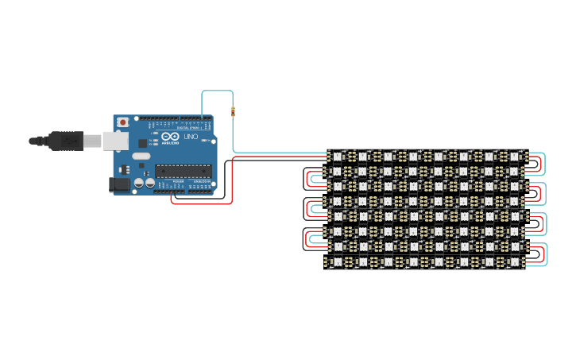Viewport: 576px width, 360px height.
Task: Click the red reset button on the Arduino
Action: coord(122,122)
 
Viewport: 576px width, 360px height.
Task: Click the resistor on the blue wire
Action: coord(233,111)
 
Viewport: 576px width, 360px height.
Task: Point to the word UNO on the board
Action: coord(191,137)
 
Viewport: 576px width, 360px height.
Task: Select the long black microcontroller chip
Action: coord(184,170)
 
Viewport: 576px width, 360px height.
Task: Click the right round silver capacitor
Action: coord(149,182)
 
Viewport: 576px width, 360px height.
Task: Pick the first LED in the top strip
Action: coord(337,157)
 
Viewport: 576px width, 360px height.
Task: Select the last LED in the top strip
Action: coord(513,157)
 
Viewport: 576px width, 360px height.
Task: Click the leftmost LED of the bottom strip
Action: coord(337,261)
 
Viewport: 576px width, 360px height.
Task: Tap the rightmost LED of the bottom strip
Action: coord(513,261)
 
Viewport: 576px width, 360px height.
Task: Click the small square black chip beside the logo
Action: coord(143,143)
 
